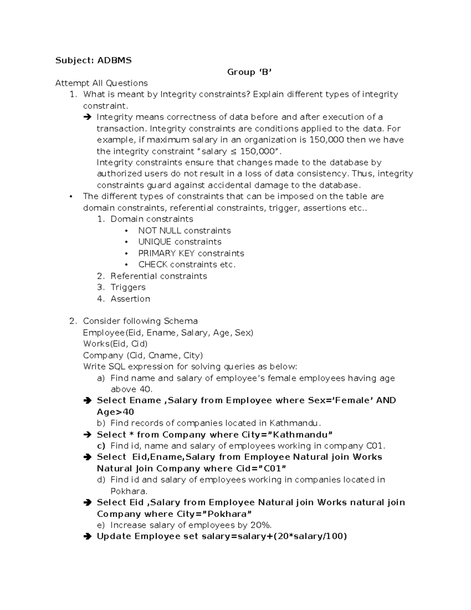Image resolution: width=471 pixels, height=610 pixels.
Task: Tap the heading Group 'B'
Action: point(249,72)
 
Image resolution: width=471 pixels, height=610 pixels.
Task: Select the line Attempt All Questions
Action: point(101,83)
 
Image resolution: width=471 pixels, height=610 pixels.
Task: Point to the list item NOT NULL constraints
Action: point(184,231)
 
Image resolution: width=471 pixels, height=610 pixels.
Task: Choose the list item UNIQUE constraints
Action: point(179,242)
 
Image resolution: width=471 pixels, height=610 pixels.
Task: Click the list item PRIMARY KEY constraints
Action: point(191,253)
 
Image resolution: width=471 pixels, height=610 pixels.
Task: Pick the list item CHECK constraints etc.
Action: point(187,265)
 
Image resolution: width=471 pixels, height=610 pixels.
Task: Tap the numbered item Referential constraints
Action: point(159,276)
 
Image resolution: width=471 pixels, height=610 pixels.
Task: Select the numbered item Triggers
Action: point(128,288)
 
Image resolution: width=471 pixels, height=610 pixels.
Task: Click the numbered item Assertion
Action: point(130,299)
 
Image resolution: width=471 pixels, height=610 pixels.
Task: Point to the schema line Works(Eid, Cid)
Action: point(115,344)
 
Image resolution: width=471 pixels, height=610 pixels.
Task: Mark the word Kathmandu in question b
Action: point(294,423)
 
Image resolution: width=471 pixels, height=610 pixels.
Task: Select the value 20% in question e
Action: point(261,526)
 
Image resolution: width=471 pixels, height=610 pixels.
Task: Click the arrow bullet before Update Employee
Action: point(87,537)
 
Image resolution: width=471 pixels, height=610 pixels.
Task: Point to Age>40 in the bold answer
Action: point(115,412)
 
